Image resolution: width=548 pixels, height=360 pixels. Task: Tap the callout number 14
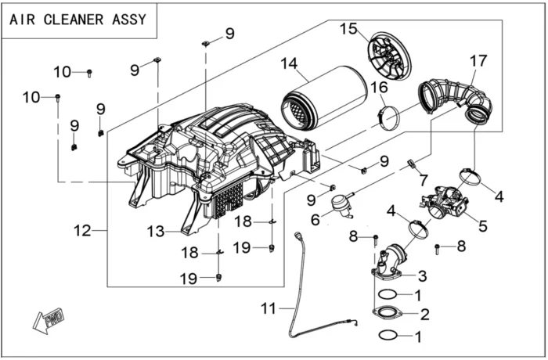coord(290,64)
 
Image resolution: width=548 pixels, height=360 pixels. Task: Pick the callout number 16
coord(380,88)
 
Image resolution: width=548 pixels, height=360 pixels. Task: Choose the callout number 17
coord(478,59)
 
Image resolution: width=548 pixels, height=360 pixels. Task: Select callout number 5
coord(483,226)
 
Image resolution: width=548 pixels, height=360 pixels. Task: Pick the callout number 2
coord(425,315)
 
